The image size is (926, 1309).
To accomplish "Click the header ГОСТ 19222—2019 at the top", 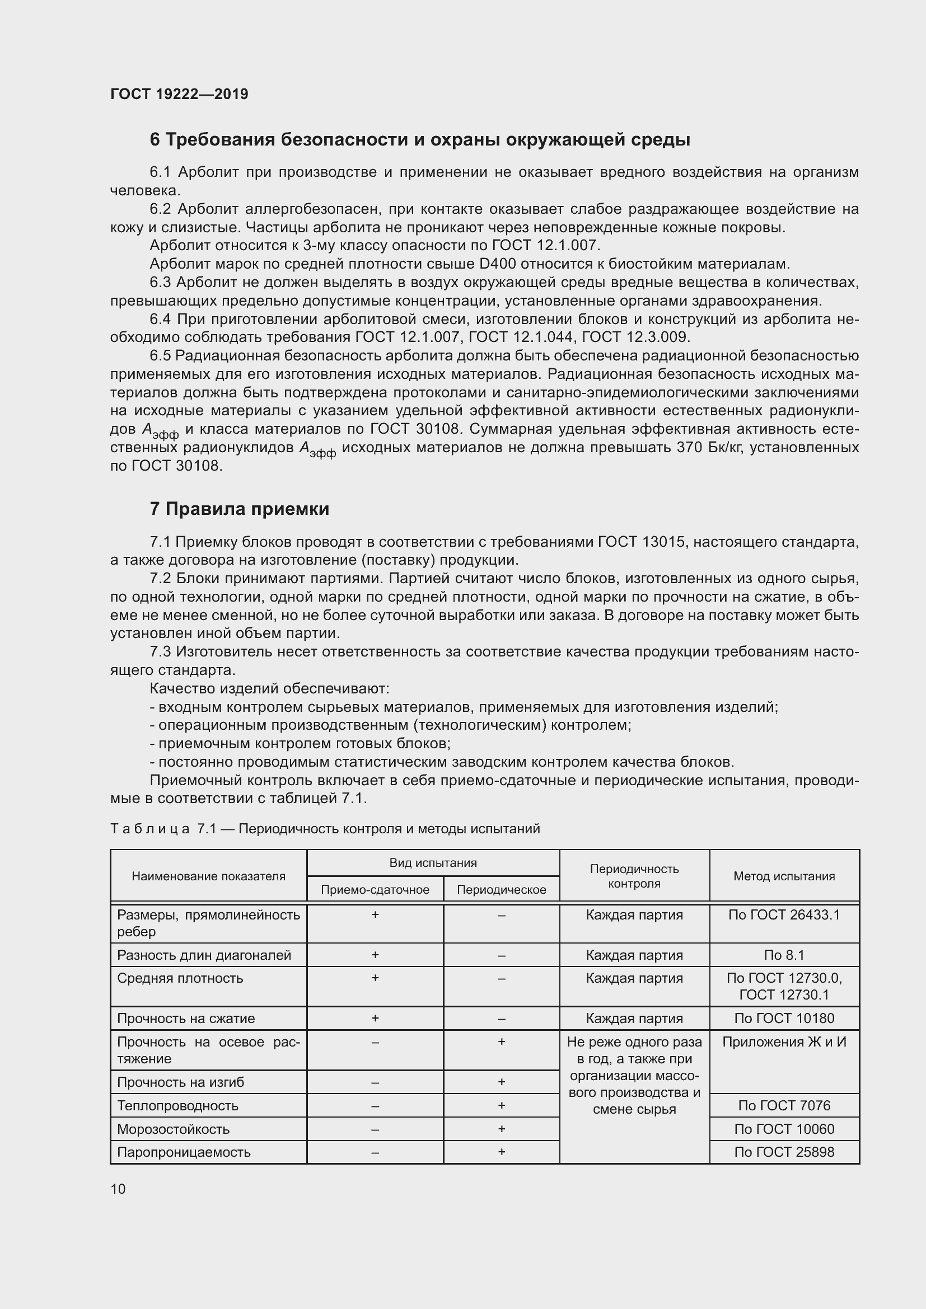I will pyautogui.click(x=179, y=94).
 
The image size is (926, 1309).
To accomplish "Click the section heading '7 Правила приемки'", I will pyautogui.click(x=240, y=509).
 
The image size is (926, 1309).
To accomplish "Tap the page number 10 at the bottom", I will pyautogui.click(x=118, y=1189).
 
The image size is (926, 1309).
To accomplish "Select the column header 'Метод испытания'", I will pyautogui.click(x=784, y=876).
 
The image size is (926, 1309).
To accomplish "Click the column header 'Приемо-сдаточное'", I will pyautogui.click(x=375, y=890).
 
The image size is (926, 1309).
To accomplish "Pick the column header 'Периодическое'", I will pyautogui.click(x=501, y=890).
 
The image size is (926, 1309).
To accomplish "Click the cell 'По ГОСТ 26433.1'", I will pyautogui.click(x=784, y=915).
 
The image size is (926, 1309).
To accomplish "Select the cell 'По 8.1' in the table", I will pyautogui.click(x=784, y=955).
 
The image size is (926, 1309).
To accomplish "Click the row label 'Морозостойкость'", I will pyautogui.click(x=174, y=1129).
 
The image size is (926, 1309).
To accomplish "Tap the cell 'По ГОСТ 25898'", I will pyautogui.click(x=784, y=1152).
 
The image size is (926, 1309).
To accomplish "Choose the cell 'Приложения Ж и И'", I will pyautogui.click(x=784, y=1042).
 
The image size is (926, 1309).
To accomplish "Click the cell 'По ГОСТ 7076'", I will pyautogui.click(x=784, y=1105).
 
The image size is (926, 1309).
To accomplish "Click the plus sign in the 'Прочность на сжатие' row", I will pyautogui.click(x=375, y=1018).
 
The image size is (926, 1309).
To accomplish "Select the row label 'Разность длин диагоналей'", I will pyautogui.click(x=204, y=955).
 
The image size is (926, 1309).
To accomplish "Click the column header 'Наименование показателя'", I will pyautogui.click(x=208, y=876).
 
